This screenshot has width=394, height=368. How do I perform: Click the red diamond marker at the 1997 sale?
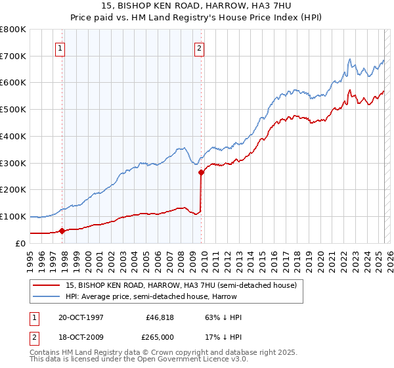point(62,231)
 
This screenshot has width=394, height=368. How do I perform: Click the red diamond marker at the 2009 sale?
point(201,173)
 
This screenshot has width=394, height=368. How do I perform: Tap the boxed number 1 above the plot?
point(60,47)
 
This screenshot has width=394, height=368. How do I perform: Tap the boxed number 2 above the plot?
point(199,47)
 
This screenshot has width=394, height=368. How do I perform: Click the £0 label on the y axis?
point(20,243)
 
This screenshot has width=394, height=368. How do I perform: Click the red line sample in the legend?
point(47,285)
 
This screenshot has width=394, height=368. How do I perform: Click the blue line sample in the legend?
point(47,296)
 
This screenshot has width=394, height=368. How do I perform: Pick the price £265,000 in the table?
point(160,337)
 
